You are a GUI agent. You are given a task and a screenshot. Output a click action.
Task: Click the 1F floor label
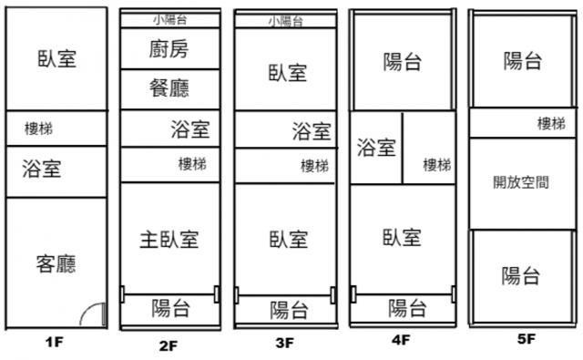click(55, 342)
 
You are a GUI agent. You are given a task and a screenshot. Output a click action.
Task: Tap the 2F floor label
click(169, 345)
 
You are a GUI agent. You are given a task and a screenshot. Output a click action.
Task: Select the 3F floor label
click(285, 343)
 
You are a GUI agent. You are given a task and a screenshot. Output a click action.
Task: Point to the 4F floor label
click(401, 340)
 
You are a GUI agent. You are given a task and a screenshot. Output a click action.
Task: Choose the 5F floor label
click(527, 339)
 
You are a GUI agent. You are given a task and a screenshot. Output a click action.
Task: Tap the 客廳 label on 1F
click(56, 263)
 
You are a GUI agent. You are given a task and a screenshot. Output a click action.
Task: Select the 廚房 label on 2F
click(169, 49)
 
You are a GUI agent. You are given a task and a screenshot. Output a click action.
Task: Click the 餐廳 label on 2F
click(169, 88)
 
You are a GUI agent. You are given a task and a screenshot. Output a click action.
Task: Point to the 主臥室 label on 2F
click(169, 239)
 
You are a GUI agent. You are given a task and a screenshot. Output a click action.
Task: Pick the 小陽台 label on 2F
click(170, 20)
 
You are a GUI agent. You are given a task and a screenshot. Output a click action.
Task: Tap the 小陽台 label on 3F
click(286, 21)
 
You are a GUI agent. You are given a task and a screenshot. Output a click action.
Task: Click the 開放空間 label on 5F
click(521, 182)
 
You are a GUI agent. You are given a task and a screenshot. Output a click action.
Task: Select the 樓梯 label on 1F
click(38, 129)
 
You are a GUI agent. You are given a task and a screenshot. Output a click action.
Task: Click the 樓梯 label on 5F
click(551, 123)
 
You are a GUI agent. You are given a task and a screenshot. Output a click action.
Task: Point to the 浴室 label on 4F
click(376, 148)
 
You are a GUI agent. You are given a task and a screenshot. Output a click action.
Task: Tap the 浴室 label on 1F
click(42, 168)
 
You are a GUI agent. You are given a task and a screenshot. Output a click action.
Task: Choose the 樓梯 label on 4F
click(437, 164)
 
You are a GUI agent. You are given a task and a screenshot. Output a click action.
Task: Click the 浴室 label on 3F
click(312, 131)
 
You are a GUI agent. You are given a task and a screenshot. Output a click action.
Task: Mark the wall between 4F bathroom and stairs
click(403, 148)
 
